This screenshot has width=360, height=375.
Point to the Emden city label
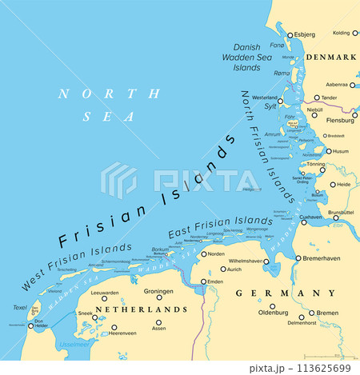(214, 281)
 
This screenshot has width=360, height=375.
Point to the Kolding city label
(342, 34)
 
